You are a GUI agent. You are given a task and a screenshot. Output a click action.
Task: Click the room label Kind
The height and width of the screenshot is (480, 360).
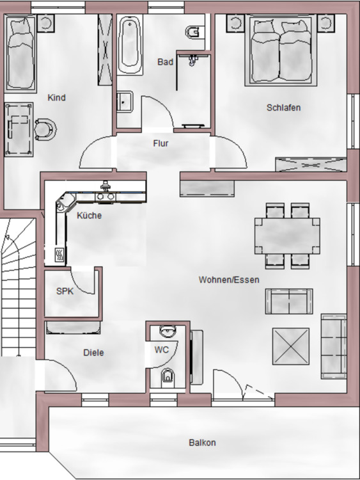57,98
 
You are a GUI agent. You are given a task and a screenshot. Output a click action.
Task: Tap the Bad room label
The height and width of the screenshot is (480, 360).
165,62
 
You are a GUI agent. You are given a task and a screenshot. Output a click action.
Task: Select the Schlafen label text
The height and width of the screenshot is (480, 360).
283,108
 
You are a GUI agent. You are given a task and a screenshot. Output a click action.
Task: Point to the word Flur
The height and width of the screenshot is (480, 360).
160,143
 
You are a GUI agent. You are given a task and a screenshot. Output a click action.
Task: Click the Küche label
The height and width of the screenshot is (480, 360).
89,216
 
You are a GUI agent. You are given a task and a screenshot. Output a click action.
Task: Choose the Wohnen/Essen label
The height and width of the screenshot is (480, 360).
228,280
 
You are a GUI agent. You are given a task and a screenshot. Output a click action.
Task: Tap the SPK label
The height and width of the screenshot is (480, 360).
65,291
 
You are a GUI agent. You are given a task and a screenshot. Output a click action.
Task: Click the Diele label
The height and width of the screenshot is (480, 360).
93,353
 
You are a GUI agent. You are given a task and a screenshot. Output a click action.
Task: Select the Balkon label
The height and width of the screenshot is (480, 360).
202,442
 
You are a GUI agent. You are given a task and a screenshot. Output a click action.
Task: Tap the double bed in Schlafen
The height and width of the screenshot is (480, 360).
281,51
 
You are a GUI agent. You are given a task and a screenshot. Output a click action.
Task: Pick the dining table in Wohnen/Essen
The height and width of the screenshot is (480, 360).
287,235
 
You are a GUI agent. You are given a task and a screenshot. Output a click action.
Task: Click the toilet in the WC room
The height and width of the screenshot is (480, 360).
168,376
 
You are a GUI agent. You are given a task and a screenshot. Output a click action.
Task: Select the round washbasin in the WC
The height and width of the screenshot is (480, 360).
168,332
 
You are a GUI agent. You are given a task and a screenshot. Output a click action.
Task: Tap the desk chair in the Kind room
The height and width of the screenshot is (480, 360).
45,129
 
